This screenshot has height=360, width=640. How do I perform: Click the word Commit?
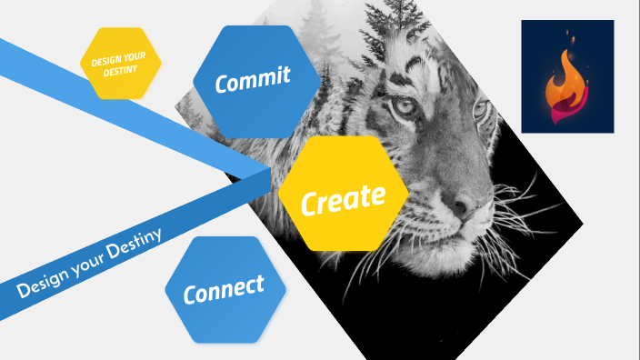[x=252, y=79]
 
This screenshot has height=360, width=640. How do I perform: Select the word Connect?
[x=224, y=290]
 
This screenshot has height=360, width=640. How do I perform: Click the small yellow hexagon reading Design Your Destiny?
[x=121, y=62]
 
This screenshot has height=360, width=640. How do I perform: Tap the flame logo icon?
[x=567, y=85]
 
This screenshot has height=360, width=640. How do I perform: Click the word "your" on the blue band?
[x=85, y=265]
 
